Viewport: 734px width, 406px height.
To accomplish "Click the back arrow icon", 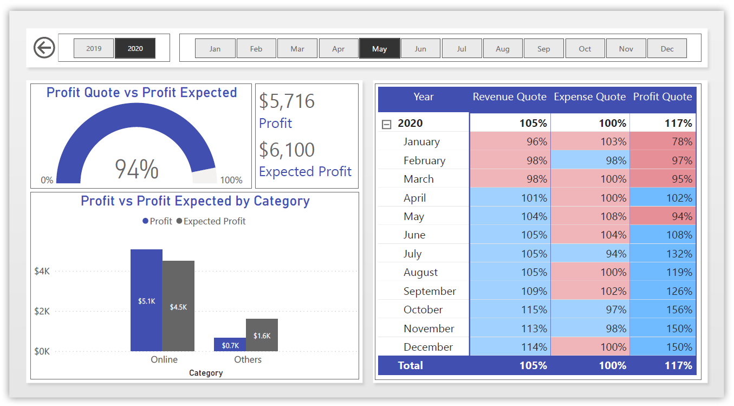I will tap(44, 48).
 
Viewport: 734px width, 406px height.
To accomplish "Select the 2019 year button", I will tap(94, 48).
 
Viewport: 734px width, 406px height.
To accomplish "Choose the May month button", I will tap(380, 48).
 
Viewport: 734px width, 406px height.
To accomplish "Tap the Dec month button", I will tap(667, 48).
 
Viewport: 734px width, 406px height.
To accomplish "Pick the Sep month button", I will tap(544, 48).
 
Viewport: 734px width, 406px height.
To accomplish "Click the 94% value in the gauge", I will tap(137, 169).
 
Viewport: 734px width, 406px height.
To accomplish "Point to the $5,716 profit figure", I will tap(287, 101).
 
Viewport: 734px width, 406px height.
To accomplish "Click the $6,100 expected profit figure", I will tap(287, 150).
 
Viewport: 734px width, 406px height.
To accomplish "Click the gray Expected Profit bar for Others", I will tap(262, 335).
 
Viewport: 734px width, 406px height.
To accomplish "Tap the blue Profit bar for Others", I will tap(230, 345).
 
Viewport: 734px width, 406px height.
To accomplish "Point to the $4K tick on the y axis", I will tap(42, 270).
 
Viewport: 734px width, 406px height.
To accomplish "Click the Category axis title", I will tap(206, 373).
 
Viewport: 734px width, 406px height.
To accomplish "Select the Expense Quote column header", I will tap(589, 97).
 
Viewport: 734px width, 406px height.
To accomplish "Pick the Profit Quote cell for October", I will tap(664, 310).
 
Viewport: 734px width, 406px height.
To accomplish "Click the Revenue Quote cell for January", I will tap(510, 141).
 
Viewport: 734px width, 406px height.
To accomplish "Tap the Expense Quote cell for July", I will tap(590, 254).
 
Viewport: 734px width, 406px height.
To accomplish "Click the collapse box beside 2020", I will tap(386, 124).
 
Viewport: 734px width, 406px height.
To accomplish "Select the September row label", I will tap(430, 291).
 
